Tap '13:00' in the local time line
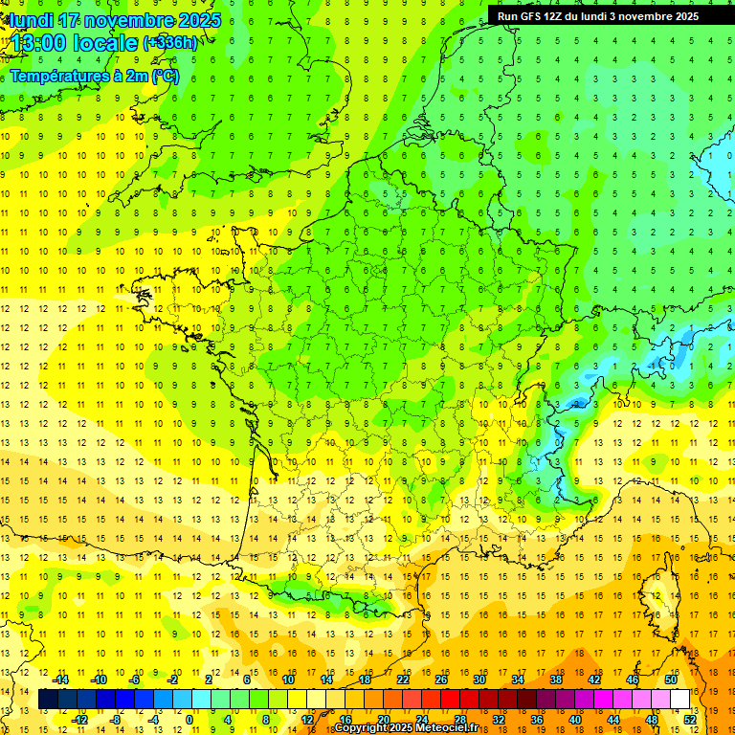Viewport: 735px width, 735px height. pos(39,43)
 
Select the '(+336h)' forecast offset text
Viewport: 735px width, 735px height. pos(170,43)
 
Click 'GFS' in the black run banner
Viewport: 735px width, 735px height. pos(533,16)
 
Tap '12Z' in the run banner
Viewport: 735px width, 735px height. pos(560,16)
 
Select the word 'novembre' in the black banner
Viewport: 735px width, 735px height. pos(649,16)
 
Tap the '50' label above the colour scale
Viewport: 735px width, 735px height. pos(671,679)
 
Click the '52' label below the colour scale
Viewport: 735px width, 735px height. pos(690,720)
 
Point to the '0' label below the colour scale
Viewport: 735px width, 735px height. pos(189,720)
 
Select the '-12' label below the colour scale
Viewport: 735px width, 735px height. pos(79,720)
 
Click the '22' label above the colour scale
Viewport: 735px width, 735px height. pos(403,679)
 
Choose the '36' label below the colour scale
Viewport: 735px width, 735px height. pos(536,720)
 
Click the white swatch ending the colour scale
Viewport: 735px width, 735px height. pos(680,700)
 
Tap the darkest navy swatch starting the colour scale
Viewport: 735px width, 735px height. pos(48,700)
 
